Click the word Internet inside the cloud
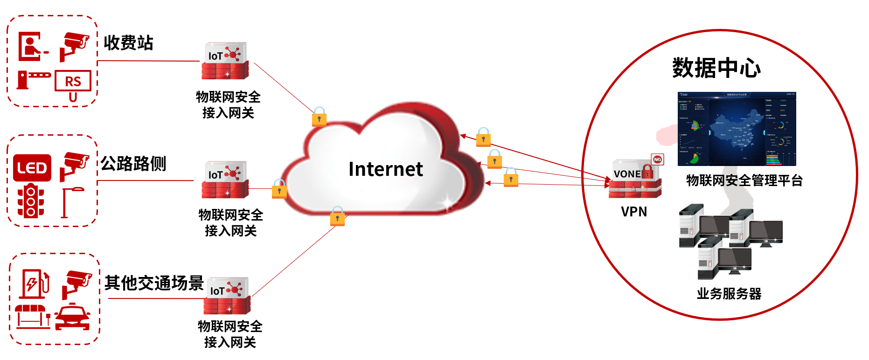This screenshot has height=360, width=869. pos(385,169)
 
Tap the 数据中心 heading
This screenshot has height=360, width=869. pos(716,68)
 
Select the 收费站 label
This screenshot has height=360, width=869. pos(128,43)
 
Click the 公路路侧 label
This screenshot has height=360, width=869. pos(133,164)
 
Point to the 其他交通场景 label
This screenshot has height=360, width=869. pos(154,283)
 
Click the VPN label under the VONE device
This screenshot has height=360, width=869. pos(634,212)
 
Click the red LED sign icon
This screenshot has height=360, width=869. pos(32,168)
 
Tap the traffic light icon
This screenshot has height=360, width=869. pos(31,201)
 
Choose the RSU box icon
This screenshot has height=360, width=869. pos(73,84)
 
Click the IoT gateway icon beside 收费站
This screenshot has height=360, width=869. pos(225,61)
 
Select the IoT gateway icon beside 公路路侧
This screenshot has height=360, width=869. pos(225,180)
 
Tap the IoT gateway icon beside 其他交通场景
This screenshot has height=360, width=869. pos(227,296)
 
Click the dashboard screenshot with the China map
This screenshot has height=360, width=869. pos(737,129)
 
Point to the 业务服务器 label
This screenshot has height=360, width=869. pos(729,294)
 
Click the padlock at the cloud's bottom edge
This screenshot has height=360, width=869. pos(337,216)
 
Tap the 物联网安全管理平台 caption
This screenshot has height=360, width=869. pos(744,180)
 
